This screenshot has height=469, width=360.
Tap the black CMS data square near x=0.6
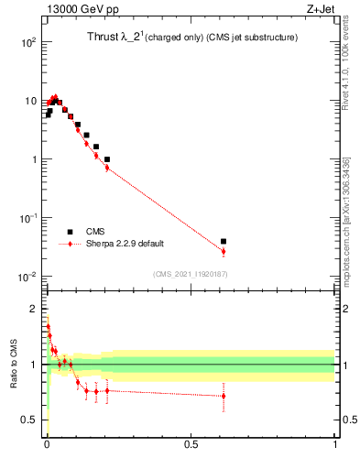(x=224, y=242)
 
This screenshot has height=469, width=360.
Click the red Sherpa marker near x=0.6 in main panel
(x=224, y=251)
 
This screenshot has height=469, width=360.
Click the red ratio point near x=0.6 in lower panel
(x=224, y=396)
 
